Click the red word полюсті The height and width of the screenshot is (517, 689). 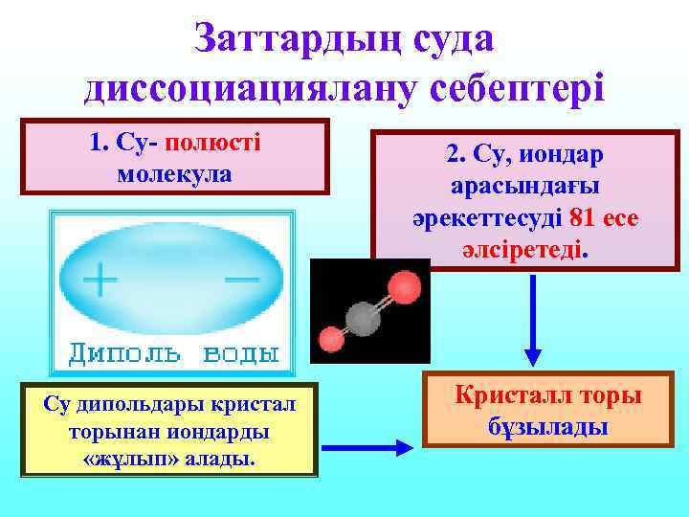[213, 144]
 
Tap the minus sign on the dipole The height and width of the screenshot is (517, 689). [242, 279]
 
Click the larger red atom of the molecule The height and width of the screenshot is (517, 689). [404, 285]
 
